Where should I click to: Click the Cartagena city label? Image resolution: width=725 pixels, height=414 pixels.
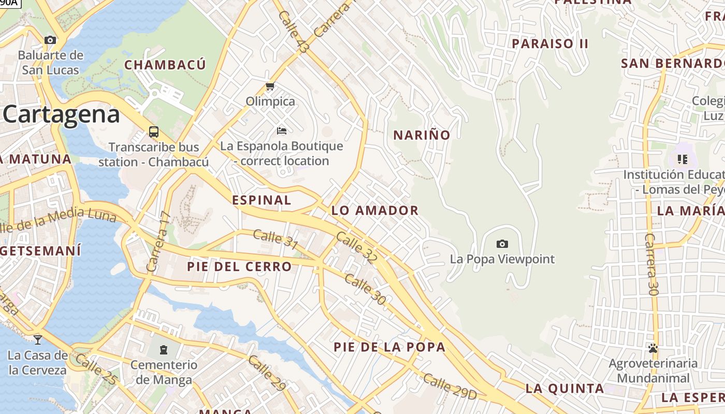pyautogui.click(x=61, y=114)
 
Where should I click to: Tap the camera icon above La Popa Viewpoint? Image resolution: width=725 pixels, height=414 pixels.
pyautogui.click(x=502, y=244)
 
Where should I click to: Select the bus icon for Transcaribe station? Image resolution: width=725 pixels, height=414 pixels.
pyautogui.click(x=154, y=131)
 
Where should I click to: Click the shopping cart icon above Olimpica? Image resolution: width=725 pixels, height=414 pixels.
pyautogui.click(x=270, y=86)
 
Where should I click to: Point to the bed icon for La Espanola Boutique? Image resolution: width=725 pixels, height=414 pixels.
pyautogui.click(x=282, y=130)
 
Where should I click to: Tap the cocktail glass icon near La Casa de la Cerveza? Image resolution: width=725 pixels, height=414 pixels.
pyautogui.click(x=38, y=339)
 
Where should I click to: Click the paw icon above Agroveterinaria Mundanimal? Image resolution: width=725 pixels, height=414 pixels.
pyautogui.click(x=653, y=348)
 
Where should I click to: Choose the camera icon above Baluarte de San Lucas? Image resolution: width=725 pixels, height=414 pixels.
pyautogui.click(x=50, y=40)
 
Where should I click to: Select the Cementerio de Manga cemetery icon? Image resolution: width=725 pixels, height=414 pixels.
pyautogui.click(x=164, y=350)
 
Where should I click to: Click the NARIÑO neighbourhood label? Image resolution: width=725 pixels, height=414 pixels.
pyautogui.click(x=422, y=135)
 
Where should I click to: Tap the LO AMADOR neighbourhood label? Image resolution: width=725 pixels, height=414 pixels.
pyautogui.click(x=375, y=211)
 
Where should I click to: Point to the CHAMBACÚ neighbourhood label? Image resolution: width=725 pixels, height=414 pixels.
pyautogui.click(x=165, y=65)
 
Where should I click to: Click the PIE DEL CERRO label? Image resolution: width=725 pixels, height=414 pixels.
pyautogui.click(x=239, y=267)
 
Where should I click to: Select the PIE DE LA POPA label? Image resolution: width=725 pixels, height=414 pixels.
pyautogui.click(x=389, y=347)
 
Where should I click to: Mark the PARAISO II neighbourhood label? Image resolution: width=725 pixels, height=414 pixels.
pyautogui.click(x=550, y=43)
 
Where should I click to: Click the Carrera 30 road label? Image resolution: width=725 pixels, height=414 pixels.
pyautogui.click(x=651, y=264)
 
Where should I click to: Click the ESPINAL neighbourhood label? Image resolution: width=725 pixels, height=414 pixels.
pyautogui.click(x=262, y=200)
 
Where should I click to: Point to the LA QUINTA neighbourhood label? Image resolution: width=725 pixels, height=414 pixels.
pyautogui.click(x=564, y=388)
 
